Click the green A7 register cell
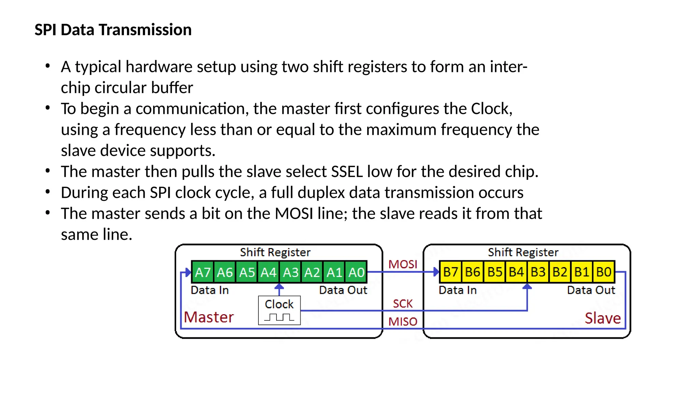tap(203, 272)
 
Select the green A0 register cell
tap(356, 272)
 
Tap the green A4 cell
tap(268, 272)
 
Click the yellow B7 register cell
tap(451, 272)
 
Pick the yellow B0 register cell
tap(604, 272)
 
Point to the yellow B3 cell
tap(538, 272)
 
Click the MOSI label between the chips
tap(403, 264)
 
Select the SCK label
tap(403, 303)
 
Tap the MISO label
tap(403, 321)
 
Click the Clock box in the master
tap(279, 310)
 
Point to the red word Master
tap(209, 317)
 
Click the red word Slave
tap(602, 318)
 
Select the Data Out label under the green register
tap(343, 290)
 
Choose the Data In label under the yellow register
tap(457, 290)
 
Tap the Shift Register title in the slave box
tap(523, 252)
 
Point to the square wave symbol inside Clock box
tap(279, 318)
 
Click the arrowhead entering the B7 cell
tap(436, 272)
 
